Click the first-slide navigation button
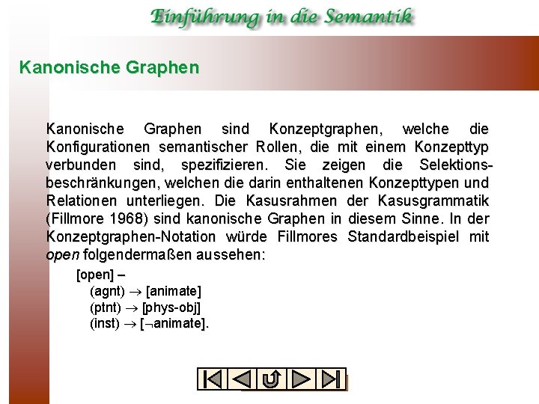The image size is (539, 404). tap(212, 379)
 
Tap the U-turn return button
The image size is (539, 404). tap(272, 379)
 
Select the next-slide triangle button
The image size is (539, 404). tap(302, 379)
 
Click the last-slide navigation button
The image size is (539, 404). tap(332, 379)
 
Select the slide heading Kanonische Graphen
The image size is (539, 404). tap(109, 68)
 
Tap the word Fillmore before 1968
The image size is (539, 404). tap(78, 218)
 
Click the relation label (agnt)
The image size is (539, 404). tap(106, 290)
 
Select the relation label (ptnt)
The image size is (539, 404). tap(106, 307)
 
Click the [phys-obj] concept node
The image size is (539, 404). tap(171, 307)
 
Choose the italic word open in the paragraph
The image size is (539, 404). tap(62, 254)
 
